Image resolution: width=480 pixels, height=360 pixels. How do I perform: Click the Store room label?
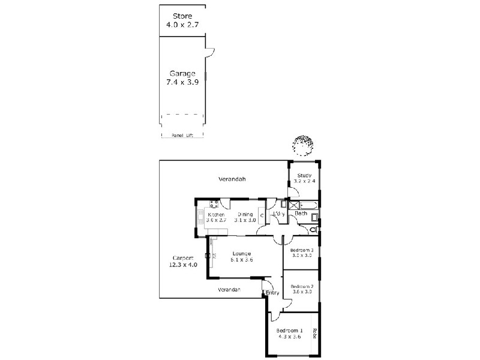[x=182, y=16]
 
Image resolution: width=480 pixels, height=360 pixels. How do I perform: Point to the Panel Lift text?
[x=182, y=136]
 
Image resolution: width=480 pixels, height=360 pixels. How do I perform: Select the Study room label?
[x=304, y=175]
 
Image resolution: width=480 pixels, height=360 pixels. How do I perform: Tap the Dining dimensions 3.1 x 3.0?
[x=246, y=220]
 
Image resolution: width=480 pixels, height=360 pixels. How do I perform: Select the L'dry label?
[x=278, y=214]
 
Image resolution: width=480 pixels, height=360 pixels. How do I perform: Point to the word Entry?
[x=272, y=293]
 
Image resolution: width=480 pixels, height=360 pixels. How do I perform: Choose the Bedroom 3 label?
[x=302, y=250]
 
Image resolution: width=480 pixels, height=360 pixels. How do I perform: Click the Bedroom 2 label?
[x=302, y=287]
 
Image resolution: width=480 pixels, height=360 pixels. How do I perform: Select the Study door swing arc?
[x=292, y=193]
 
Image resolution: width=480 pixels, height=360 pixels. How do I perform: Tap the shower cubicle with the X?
[x=294, y=206]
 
